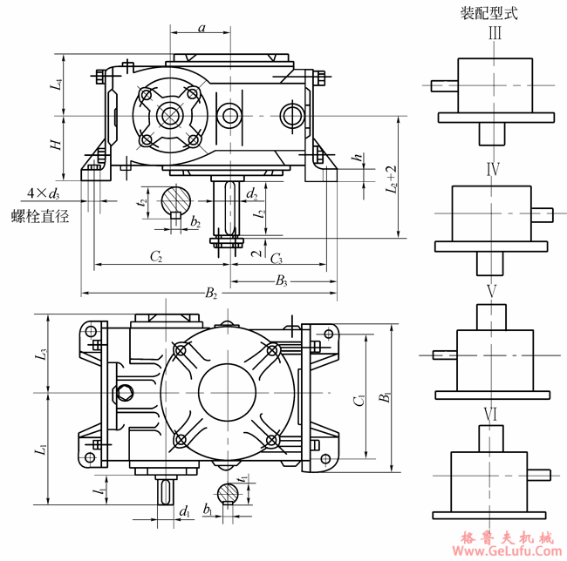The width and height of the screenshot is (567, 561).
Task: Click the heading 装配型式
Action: tap(495, 13)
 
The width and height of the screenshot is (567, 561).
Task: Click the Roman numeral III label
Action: tap(495, 34)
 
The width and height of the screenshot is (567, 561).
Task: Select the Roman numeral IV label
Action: tap(493, 168)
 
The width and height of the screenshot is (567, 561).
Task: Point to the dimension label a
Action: tap(202, 28)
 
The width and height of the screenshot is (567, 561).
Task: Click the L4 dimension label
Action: tap(56, 84)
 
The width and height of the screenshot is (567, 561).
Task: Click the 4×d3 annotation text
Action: tap(44, 193)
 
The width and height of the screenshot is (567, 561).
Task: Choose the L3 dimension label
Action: tap(40, 355)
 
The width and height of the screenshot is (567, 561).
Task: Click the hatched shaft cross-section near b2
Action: tap(175, 200)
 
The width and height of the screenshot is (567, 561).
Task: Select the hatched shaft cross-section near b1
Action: tap(229, 493)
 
